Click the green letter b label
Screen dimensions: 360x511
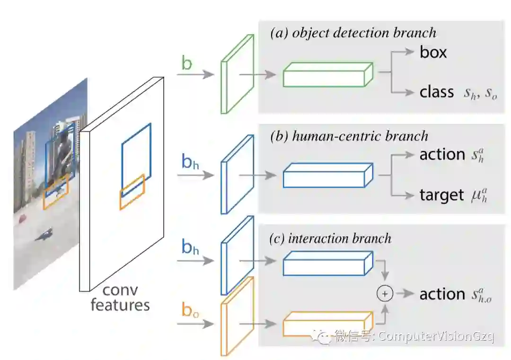(187, 63)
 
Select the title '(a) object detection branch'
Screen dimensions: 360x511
(353, 33)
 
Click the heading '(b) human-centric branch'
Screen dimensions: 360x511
(349, 136)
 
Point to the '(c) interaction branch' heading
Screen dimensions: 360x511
(330, 238)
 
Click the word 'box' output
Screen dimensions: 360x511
(433, 52)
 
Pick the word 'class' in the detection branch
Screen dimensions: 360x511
(437, 92)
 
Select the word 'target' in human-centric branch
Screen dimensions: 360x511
(441, 195)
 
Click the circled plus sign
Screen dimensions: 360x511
(385, 294)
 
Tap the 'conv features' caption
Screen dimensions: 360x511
(120, 298)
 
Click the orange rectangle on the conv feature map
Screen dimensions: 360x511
(132, 192)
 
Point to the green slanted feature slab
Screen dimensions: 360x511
(238, 74)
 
